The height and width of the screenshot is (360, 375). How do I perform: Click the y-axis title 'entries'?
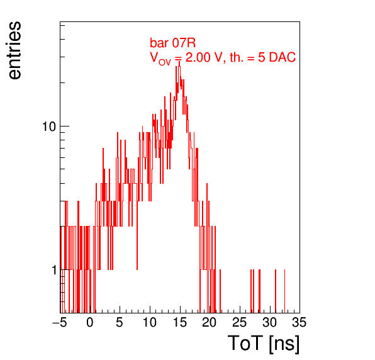(14, 50)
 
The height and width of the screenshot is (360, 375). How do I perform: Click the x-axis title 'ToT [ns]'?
(264, 344)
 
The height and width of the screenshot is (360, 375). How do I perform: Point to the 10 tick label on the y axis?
(49, 127)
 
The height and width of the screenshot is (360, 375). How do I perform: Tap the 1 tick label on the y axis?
(55, 270)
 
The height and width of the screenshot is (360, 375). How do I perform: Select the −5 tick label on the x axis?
(60, 322)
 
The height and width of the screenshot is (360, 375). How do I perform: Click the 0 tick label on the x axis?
(90, 322)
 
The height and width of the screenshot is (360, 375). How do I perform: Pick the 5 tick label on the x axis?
(120, 322)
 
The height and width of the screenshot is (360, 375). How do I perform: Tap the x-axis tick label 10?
(150, 322)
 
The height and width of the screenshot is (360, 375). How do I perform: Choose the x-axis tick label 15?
(180, 322)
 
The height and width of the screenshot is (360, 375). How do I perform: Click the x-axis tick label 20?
(210, 322)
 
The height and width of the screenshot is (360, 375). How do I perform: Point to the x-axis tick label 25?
(240, 322)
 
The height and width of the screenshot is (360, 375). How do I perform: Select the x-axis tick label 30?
(270, 322)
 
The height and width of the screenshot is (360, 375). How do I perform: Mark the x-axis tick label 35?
(299, 322)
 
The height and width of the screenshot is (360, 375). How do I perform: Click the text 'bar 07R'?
(172, 43)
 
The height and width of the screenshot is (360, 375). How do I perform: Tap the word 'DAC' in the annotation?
(283, 57)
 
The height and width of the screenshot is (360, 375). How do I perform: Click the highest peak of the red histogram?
(179, 62)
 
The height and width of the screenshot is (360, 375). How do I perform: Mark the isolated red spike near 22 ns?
(220, 291)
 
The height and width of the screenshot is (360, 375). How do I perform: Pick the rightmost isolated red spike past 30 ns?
(284, 291)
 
